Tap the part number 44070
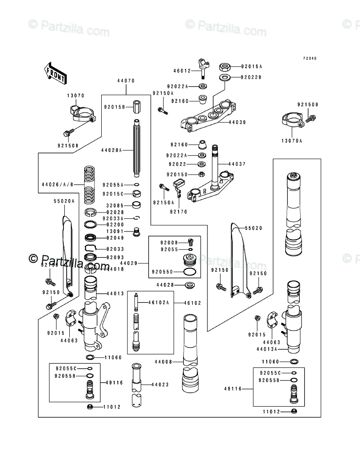coord(126,81)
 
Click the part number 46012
coord(183,71)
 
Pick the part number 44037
coord(238,164)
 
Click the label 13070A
coord(293,141)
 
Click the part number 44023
coord(160,385)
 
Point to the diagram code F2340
coord(310,59)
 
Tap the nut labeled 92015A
coord(225,68)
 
